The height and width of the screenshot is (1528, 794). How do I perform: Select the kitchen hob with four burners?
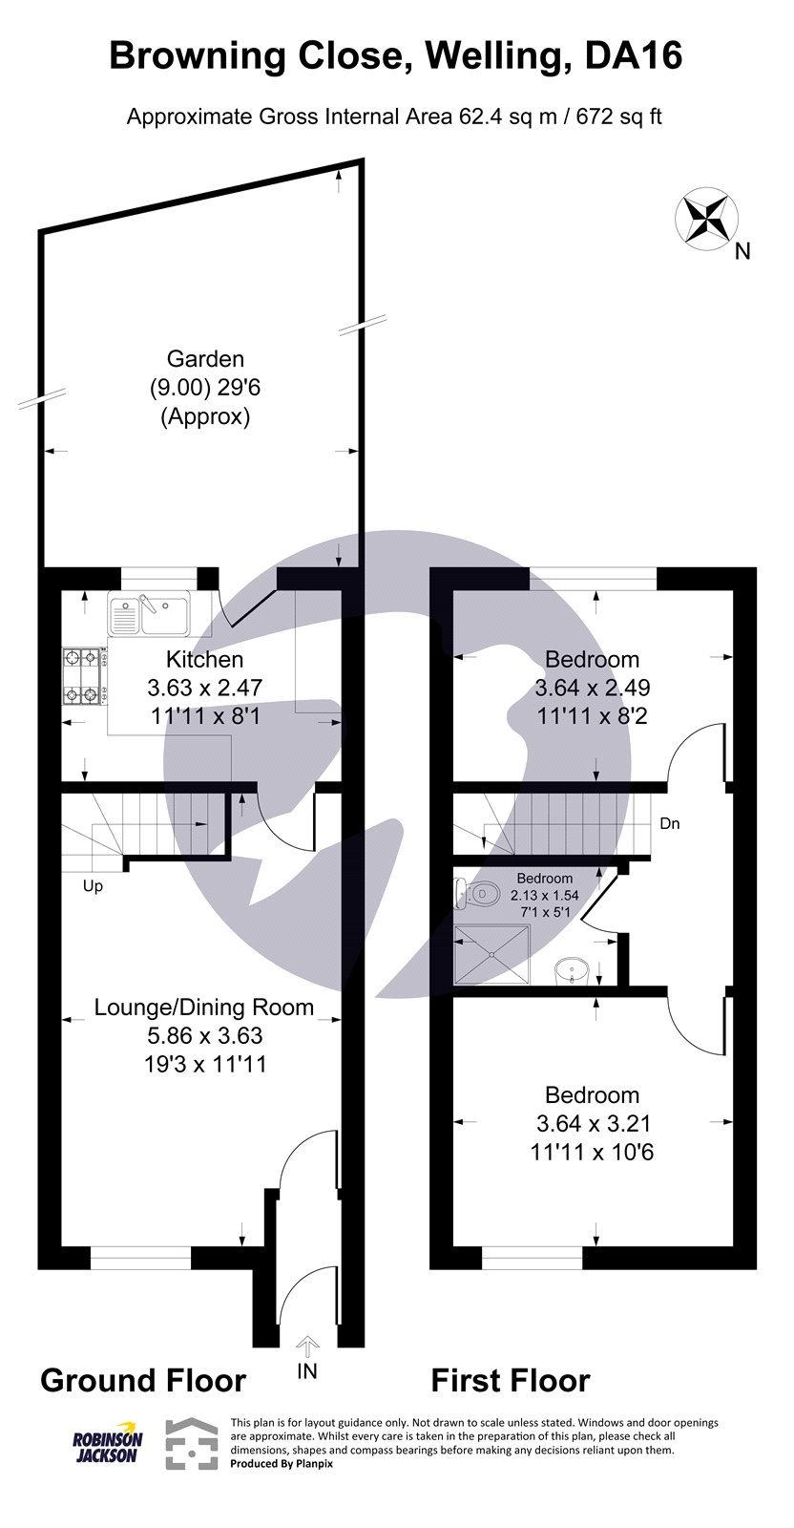(82, 675)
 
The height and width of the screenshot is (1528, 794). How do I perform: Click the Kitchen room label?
(204, 659)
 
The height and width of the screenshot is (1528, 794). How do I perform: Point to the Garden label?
(205, 359)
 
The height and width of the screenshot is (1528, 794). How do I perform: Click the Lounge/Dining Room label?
(204, 1007)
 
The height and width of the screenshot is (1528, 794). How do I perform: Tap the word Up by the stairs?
(93, 886)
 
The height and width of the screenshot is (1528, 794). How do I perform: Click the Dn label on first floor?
(670, 823)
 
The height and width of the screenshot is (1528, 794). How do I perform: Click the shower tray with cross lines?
(491, 953)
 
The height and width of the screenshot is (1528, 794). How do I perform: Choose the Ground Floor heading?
(143, 1380)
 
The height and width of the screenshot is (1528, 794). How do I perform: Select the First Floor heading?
(511, 1380)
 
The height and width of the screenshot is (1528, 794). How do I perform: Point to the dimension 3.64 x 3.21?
(592, 1123)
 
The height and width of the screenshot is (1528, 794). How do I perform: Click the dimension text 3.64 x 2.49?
(592, 688)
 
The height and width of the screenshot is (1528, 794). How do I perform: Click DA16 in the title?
(635, 55)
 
